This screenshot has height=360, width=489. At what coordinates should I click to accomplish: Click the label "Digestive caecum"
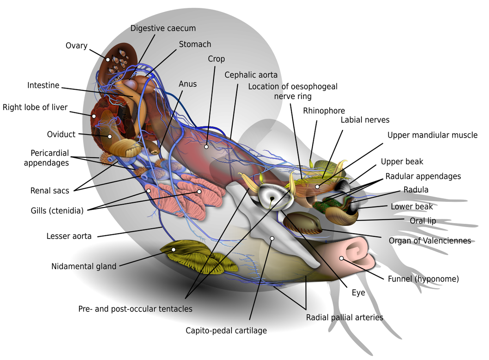163,29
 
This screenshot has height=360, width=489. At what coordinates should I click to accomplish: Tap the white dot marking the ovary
108,60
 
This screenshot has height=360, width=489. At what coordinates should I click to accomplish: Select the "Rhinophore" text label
324,111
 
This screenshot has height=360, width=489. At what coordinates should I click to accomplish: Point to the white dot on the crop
206,147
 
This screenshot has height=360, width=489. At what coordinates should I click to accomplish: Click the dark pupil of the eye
272,199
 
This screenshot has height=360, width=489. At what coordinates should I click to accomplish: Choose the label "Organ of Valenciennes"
430,241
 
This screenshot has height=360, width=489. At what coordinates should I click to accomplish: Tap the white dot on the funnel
341,258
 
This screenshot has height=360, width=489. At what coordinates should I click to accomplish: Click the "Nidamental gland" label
84,267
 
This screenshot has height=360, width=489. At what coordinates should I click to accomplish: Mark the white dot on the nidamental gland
174,250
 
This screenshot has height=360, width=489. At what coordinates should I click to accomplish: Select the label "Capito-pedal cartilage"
226,331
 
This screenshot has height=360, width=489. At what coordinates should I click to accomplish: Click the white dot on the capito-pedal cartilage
272,239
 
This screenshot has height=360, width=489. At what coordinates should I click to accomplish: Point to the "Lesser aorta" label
69,236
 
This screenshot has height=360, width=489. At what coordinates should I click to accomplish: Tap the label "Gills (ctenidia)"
57,211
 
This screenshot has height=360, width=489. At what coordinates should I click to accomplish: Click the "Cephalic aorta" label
251,75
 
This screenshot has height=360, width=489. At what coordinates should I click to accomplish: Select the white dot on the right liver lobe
94,116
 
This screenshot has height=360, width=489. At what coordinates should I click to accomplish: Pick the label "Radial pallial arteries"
345,318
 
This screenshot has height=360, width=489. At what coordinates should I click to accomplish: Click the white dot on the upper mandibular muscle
317,187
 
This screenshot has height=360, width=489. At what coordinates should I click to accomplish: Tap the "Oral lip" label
423,221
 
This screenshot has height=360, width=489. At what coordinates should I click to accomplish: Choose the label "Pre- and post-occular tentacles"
135,309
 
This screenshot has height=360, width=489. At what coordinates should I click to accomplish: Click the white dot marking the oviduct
110,137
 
